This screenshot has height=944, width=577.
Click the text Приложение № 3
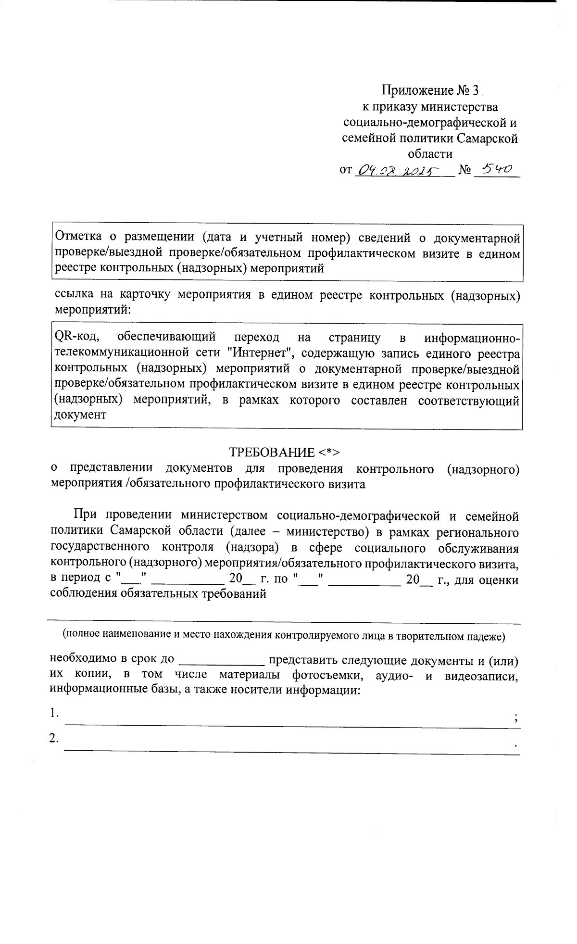[430, 90]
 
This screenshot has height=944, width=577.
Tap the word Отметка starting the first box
[79, 237]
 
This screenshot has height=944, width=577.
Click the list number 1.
[54, 713]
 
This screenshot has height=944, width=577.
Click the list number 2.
[54, 738]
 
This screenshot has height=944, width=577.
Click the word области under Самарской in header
[430, 154]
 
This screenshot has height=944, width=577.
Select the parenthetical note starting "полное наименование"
[284, 635]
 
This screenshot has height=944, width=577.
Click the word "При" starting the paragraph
[85, 516]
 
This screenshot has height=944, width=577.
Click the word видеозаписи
[481, 675]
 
